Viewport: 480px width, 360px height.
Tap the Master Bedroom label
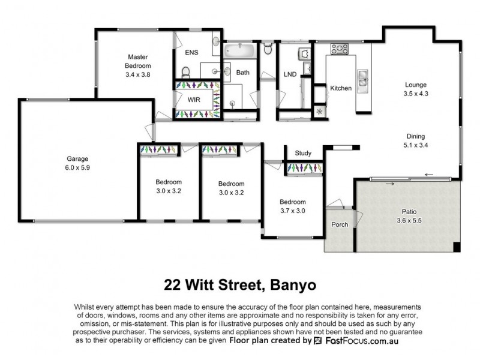(x=138, y=61)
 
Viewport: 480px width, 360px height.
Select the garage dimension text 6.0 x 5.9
(x=77, y=169)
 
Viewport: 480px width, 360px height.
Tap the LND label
(x=290, y=74)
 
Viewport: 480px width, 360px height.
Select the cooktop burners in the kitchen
(x=340, y=49)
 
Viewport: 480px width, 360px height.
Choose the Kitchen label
(x=341, y=88)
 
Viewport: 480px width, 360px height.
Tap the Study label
(x=302, y=153)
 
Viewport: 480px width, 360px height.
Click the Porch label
(x=340, y=225)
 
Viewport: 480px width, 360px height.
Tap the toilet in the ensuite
(x=186, y=73)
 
